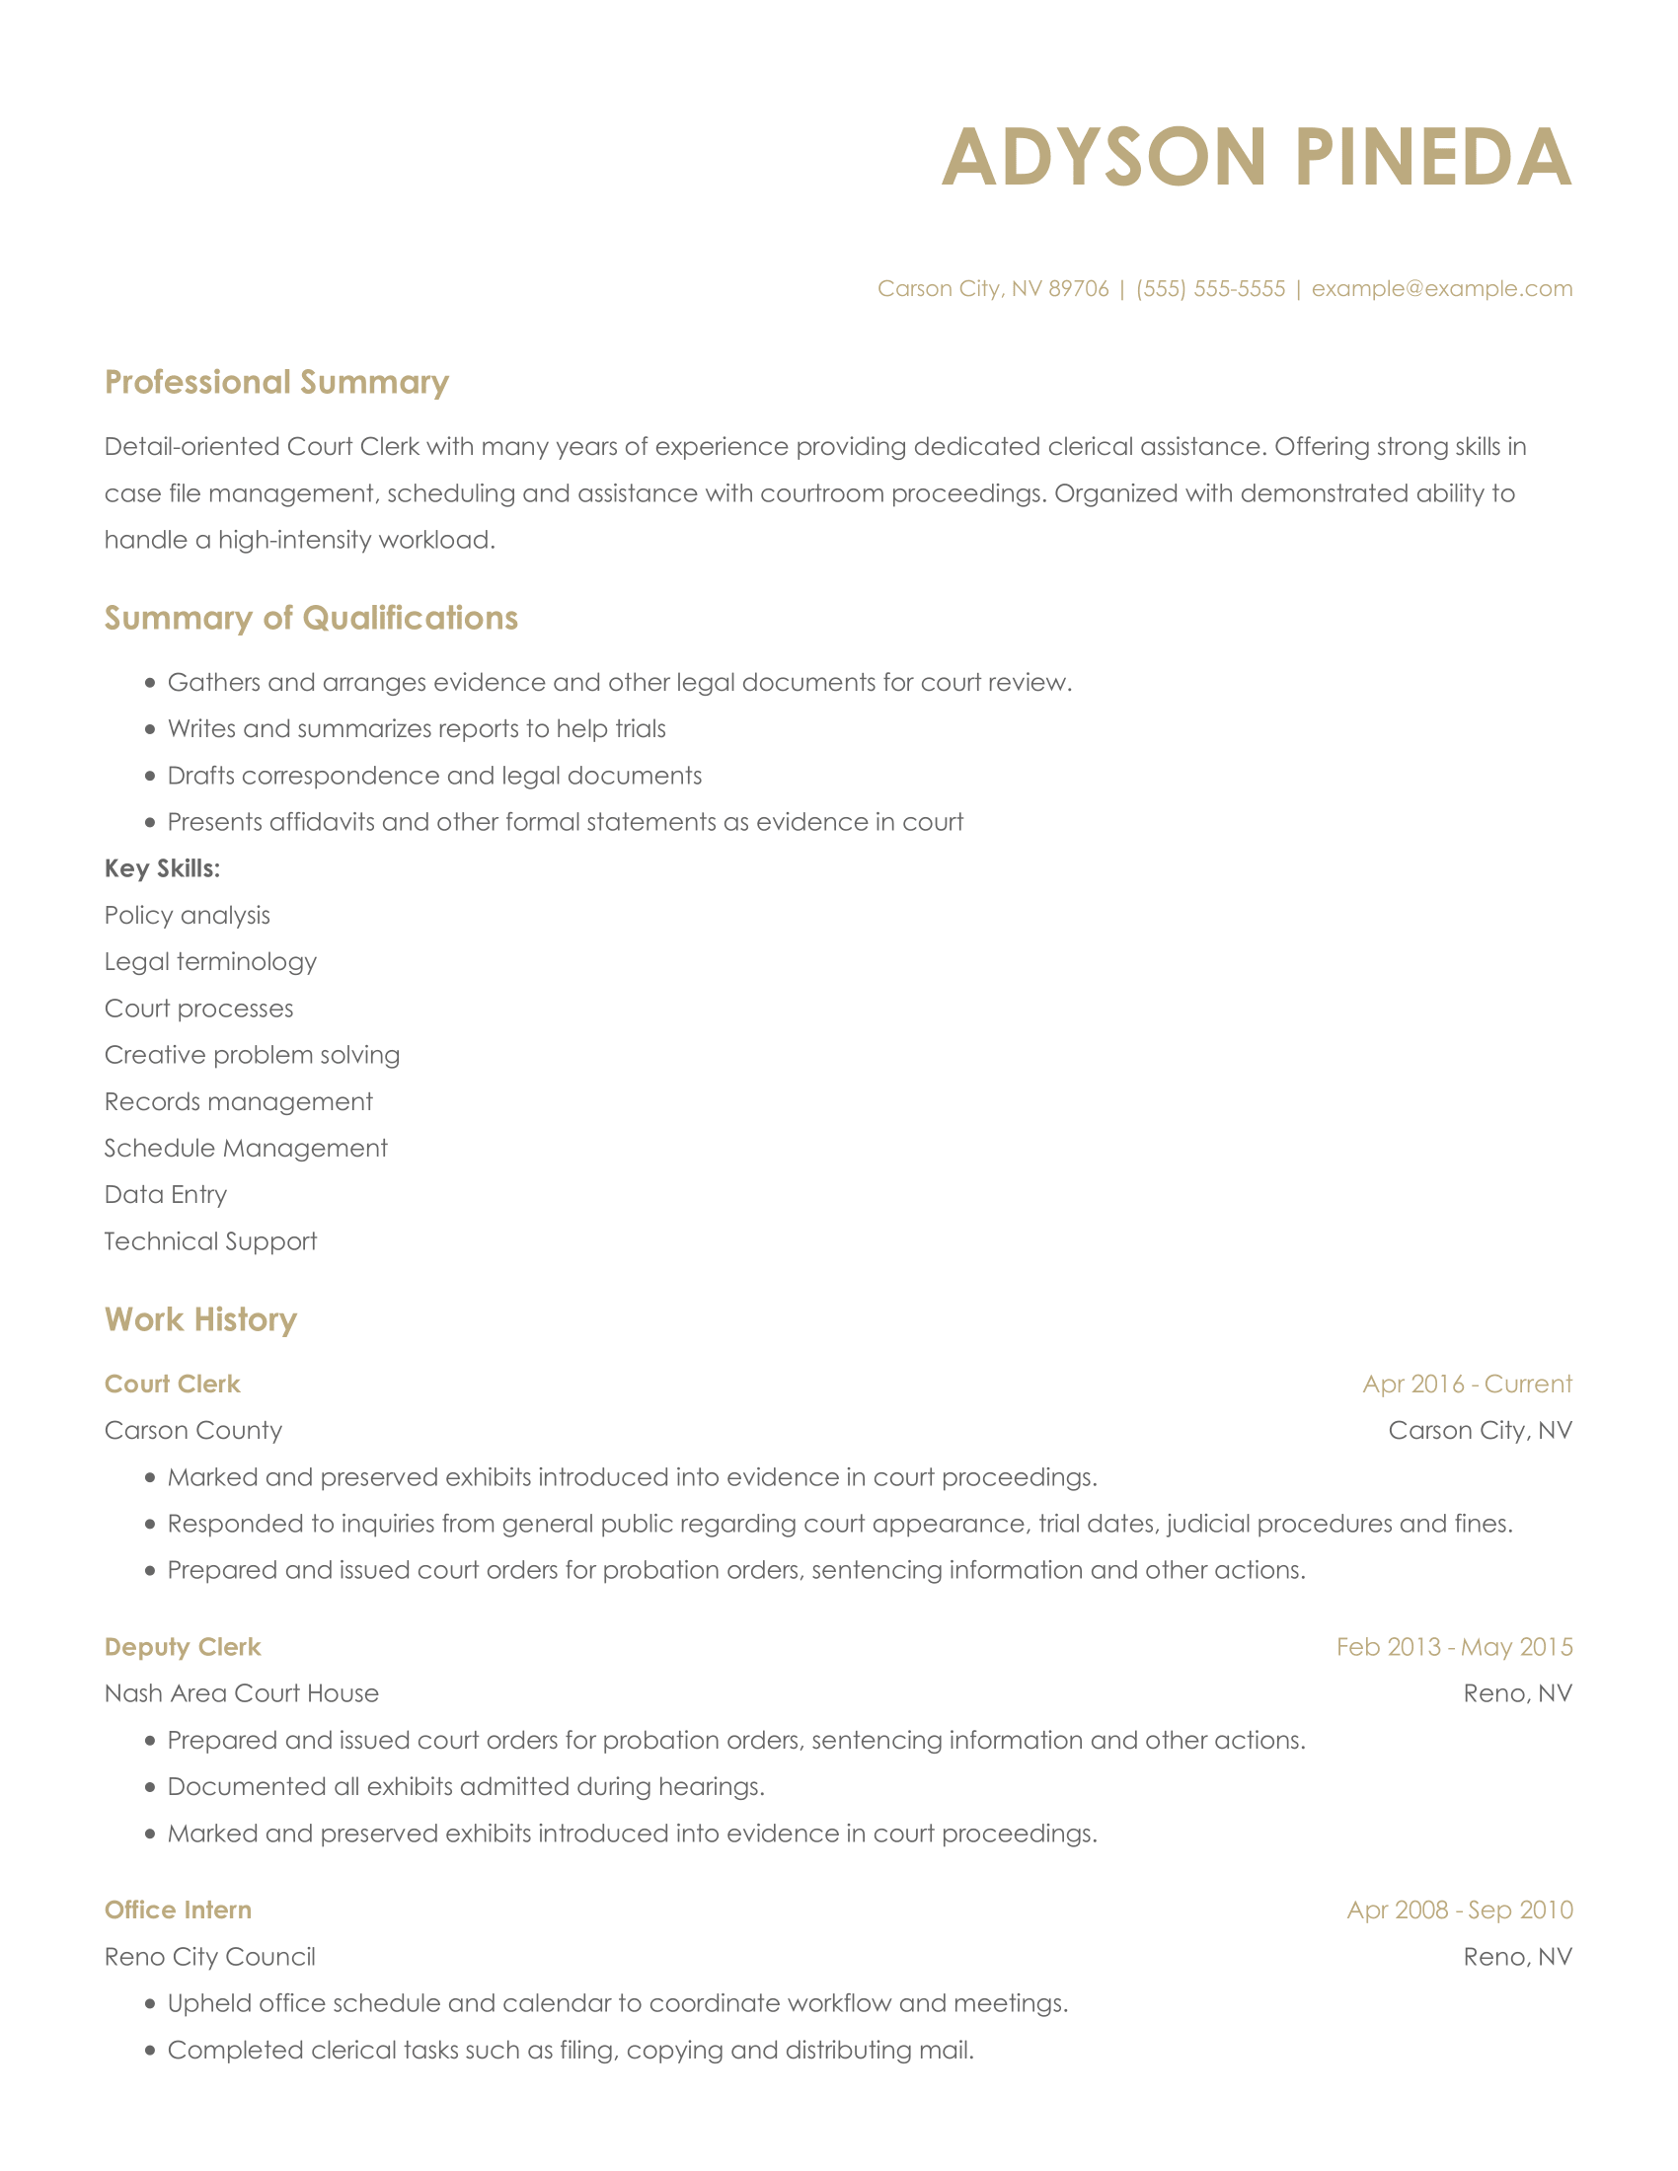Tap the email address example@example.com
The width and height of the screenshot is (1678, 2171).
pos(1441,288)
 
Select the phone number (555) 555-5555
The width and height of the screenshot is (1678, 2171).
pos(1210,288)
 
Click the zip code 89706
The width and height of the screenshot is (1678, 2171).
pos(1079,288)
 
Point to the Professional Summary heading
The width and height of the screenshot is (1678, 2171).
pos(276,383)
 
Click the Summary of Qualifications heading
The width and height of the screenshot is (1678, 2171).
pos(311,619)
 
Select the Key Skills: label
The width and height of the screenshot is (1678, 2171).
pos(162,868)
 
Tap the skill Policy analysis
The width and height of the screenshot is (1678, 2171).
pos(187,916)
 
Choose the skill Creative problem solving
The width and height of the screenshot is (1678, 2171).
pos(252,1055)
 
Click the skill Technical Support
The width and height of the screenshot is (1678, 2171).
pos(211,1241)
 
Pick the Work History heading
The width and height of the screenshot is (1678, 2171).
pos(200,1320)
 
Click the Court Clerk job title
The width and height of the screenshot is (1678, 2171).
pos(172,1384)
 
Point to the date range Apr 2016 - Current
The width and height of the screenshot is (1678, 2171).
pos(1466,1384)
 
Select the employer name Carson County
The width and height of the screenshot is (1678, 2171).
pos(192,1431)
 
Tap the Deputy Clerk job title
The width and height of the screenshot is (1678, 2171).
pos(182,1647)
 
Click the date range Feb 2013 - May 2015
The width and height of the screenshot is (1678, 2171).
pos(1453,1647)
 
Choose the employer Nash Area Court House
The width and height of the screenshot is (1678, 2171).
pos(242,1693)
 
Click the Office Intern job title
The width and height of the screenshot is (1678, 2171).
pos(178,1909)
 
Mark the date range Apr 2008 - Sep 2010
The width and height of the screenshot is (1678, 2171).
pos(1459,1909)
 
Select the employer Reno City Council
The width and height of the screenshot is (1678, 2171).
pos(209,1956)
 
